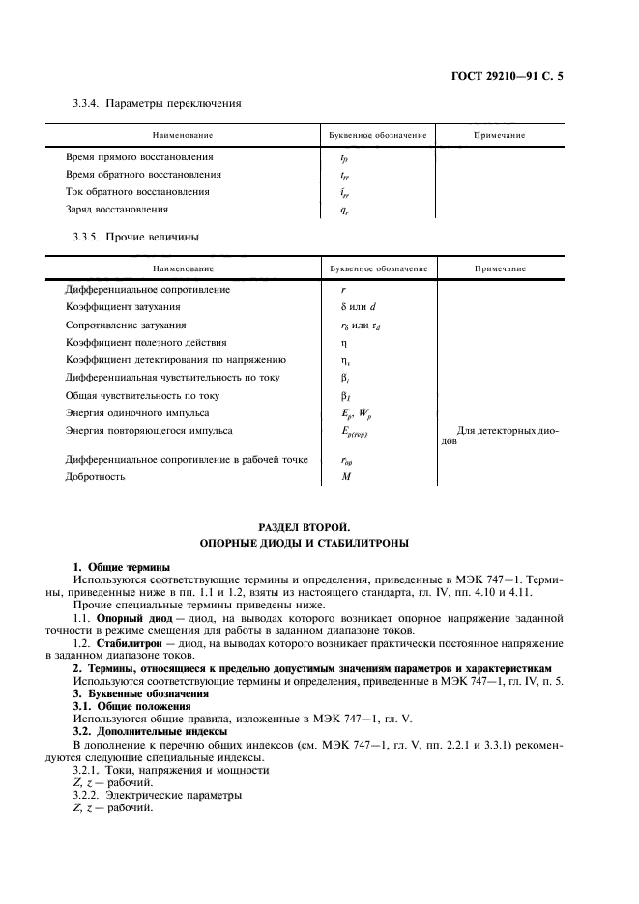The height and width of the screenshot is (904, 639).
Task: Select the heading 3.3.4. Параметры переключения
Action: click(x=157, y=102)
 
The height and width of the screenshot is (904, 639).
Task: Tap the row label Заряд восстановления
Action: click(x=116, y=209)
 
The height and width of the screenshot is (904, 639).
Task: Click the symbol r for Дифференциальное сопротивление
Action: click(x=344, y=289)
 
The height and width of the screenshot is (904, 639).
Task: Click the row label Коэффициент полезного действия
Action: click(x=145, y=342)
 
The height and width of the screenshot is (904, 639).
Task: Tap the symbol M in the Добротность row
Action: click(x=345, y=477)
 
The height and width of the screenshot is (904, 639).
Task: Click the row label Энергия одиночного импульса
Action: click(x=138, y=412)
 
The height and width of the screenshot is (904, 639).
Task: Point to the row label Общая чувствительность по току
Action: click(x=141, y=395)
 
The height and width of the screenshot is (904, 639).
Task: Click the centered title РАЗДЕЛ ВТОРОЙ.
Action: click(x=319, y=527)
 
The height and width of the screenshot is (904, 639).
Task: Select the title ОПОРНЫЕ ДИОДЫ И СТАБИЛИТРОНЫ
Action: click(x=319, y=545)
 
